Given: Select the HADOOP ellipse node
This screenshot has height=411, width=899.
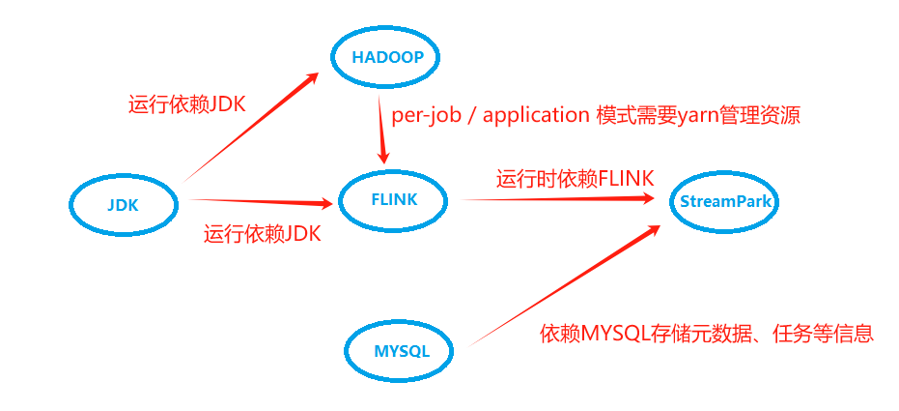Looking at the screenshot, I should [387, 57].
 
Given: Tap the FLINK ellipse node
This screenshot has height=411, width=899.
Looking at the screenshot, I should [393, 200].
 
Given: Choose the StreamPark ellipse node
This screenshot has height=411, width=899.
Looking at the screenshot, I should [725, 201].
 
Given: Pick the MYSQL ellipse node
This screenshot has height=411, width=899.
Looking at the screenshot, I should [401, 349].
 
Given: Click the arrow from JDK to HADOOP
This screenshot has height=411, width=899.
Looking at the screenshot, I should [251, 126].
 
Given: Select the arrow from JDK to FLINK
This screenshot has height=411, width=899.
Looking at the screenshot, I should [261, 202].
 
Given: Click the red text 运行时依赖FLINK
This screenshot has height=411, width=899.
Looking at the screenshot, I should [576, 178].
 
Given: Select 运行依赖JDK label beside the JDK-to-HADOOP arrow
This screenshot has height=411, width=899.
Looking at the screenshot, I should [187, 104].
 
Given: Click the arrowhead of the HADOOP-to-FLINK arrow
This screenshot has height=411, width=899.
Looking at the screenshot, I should [383, 156].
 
